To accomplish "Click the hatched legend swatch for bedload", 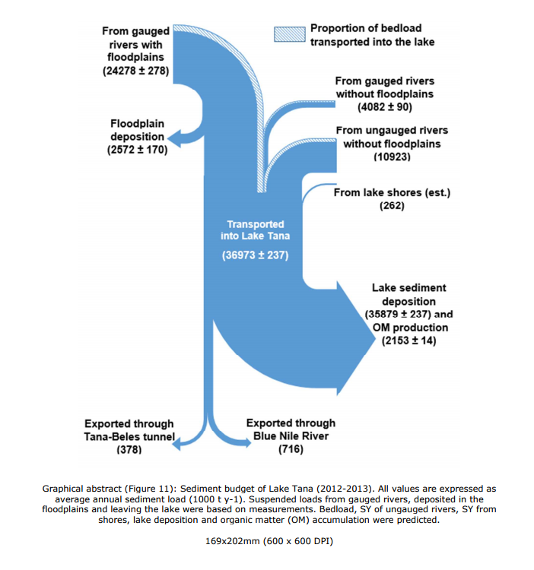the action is pos(290,34).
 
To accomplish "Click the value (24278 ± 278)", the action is pos(135,71).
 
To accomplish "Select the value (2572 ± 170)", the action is pos(137,150).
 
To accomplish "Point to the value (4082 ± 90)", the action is pos(384,107).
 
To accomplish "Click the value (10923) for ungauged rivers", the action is pos(392,157).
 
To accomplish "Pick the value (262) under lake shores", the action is pos(392,206).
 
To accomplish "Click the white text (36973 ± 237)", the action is pos(255,255).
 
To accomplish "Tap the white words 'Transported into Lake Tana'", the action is pos(255,230).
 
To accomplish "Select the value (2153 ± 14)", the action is pos(408,340).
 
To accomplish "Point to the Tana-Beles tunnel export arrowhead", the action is pos(176,444).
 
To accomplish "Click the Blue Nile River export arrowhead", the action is pos(248,442).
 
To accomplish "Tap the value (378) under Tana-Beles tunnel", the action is pos(129,450).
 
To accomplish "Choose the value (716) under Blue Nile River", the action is pos(291,449).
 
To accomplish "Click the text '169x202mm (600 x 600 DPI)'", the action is pos(269,541).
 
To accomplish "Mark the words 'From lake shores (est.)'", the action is pos(392,193).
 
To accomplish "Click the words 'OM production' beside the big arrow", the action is pos(410,328).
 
